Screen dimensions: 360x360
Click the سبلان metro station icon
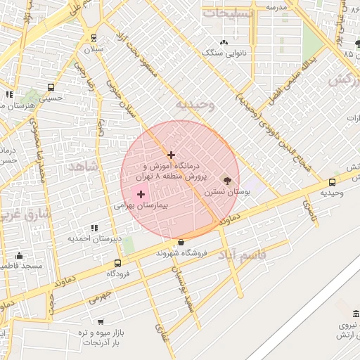coord(94,37)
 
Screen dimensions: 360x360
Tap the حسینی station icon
coord(51,87)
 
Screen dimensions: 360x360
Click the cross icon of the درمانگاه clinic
coord(171,155)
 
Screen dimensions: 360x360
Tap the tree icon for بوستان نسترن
coord(226,179)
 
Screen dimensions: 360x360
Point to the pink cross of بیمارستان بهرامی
coord(141,194)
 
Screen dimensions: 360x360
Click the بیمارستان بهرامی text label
coord(139,208)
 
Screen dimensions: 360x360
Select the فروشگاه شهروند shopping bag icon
coord(181,242)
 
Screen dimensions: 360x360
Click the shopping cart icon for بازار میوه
coord(101,321)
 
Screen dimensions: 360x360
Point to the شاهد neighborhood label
coord(84,166)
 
